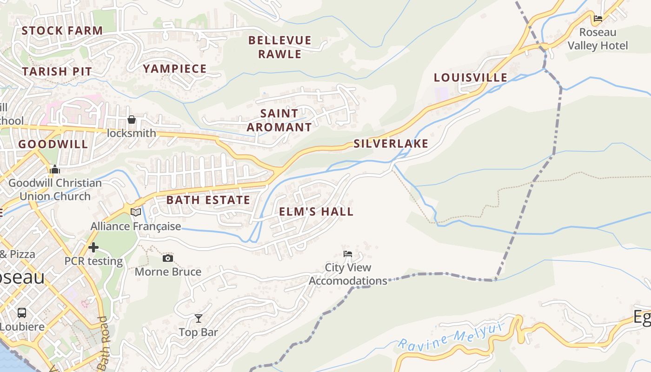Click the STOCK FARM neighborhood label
62,31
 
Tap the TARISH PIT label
57,72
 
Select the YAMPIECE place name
174,69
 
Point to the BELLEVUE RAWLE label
280,47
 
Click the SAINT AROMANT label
279,120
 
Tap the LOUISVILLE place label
471,78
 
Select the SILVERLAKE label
391,144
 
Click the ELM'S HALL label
316,212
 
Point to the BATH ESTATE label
208,200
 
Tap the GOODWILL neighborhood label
53,144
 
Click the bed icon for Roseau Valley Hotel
598,19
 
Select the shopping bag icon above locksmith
132,120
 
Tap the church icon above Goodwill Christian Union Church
55,170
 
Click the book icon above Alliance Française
136,213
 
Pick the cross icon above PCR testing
93,247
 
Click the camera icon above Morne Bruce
168,258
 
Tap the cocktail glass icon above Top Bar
199,319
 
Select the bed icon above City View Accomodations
347,254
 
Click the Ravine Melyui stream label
451,336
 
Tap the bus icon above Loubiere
22,312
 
